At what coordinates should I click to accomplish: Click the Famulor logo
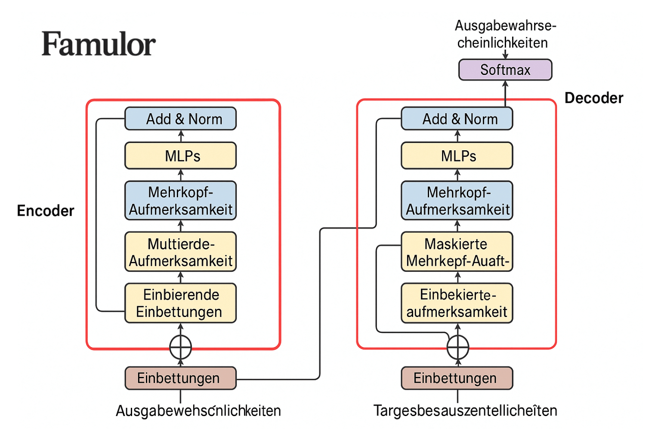click(99, 44)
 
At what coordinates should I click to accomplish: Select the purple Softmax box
click(505, 70)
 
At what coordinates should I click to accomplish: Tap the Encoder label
click(46, 211)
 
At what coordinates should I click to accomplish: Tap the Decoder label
click(593, 98)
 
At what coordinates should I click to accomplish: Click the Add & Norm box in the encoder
click(181, 119)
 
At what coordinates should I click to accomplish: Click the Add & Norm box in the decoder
click(457, 119)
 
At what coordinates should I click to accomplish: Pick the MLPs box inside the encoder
click(181, 156)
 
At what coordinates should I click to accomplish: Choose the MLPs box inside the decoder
click(457, 156)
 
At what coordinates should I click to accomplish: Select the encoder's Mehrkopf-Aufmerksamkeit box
click(181, 201)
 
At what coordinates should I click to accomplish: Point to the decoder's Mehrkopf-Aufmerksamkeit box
click(457, 201)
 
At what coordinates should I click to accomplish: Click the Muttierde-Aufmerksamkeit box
click(181, 252)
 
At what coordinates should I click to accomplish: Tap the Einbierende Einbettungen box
click(181, 303)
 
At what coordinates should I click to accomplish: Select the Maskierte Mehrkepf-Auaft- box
click(457, 252)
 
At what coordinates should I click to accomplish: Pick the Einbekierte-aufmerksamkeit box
click(457, 303)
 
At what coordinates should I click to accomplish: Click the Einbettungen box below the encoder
click(181, 378)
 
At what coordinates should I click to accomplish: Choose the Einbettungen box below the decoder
click(457, 378)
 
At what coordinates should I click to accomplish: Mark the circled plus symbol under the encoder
click(181, 347)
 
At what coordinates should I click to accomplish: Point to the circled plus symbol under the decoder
click(458, 347)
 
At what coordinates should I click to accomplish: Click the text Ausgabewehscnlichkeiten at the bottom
click(198, 411)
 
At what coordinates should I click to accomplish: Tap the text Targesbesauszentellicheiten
click(465, 411)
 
